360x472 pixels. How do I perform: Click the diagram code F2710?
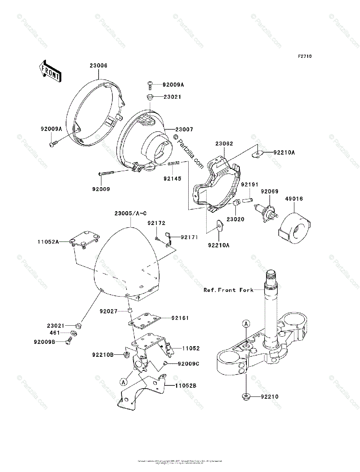coord(304,57)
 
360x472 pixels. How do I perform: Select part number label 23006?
coord(98,66)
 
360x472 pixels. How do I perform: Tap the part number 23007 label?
coord(184,129)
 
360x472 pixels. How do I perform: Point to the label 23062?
coord(224,144)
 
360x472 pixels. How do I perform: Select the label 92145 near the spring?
coord(173,179)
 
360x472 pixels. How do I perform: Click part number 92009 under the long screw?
coord(101,189)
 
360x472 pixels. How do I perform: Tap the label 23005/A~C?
coord(130,214)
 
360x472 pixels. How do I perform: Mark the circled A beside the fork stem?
coord(246,324)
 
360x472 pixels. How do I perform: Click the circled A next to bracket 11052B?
coord(123,382)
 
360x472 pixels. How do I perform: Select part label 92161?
coord(180,318)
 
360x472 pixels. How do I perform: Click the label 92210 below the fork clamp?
coord(270,397)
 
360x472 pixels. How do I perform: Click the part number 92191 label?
coord(250,184)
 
